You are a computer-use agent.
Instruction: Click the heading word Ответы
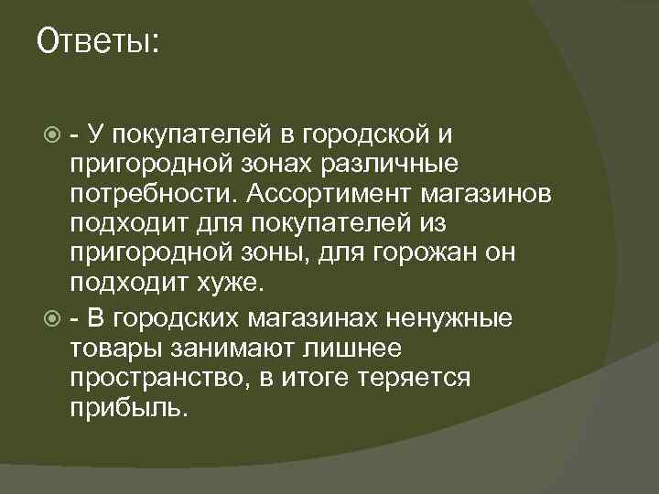pyautogui.click(x=97, y=42)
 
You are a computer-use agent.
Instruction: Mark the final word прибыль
pyautogui.click(x=127, y=406)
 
